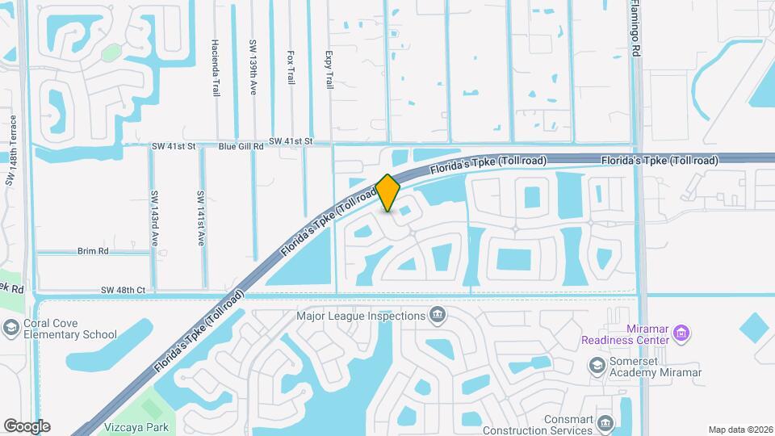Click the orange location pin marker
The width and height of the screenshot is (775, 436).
coord(388,193)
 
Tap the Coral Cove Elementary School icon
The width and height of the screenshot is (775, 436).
coord(11,328)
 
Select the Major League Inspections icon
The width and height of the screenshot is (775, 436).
coord(438,315)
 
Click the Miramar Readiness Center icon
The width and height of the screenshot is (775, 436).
coord(681,332)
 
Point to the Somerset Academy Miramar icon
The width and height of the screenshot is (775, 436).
coord(597,366)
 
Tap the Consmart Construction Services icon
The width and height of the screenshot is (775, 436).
coord(606,422)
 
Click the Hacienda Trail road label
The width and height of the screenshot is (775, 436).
coord(216,68)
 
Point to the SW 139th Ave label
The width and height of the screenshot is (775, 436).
coord(253,68)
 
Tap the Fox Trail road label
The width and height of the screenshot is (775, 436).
coord(291,69)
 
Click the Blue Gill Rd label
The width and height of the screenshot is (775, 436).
coord(241,147)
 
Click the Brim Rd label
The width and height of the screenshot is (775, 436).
coord(93,251)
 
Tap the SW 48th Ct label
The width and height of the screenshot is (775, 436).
coord(124,290)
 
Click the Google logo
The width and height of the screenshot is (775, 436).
coord(27,426)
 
